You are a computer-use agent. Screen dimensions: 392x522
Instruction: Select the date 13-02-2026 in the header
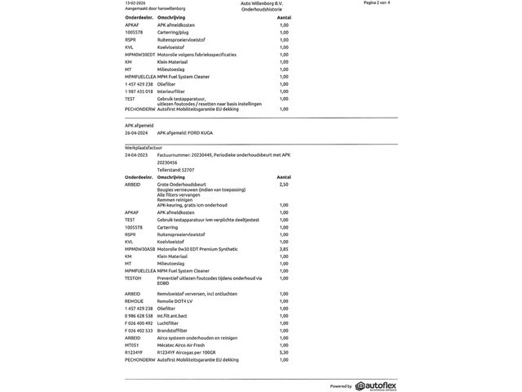(x=135, y=3)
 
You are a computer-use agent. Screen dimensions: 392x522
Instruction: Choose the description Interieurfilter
(x=172, y=91)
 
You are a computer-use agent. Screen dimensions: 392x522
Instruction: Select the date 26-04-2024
(x=135, y=131)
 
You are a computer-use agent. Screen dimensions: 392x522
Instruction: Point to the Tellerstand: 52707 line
(x=176, y=169)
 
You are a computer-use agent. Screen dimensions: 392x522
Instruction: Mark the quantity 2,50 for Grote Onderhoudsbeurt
(x=284, y=184)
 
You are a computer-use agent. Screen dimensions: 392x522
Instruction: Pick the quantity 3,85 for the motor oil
(x=284, y=248)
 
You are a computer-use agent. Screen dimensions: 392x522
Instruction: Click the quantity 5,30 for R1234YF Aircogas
(x=284, y=352)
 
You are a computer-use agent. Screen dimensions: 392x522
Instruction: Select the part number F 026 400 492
(x=139, y=323)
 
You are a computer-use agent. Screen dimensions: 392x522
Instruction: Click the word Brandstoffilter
(x=173, y=330)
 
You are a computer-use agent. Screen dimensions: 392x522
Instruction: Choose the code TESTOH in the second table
(x=133, y=278)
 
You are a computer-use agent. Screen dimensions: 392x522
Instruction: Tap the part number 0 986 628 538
(x=139, y=315)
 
